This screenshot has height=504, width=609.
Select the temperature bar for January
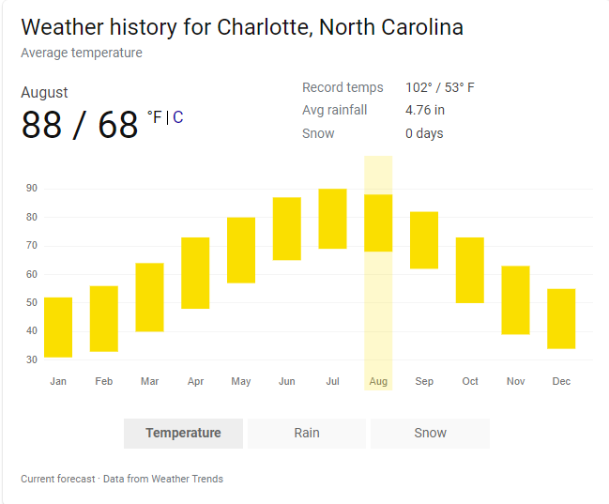coord(58,327)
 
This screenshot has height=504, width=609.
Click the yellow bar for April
coord(195,273)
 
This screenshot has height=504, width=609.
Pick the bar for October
coord(469,270)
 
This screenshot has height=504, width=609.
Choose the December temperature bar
coord(561,319)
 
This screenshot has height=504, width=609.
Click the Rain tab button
coord(307,433)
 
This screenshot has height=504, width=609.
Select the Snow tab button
coord(430,433)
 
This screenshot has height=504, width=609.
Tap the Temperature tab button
coord(183,433)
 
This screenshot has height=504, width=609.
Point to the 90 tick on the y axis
coord(32,189)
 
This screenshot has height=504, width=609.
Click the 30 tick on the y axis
coord(32,359)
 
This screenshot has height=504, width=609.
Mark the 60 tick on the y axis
coord(32,274)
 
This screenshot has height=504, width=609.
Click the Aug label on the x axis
coord(378,381)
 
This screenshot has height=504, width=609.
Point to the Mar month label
coord(149,381)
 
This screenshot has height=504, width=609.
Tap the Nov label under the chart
coord(515,381)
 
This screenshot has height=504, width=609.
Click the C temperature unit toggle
coord(177,117)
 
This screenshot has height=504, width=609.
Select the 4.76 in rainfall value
coord(425,111)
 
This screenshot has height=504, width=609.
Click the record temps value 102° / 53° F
coord(440,88)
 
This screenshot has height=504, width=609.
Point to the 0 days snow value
coord(424,133)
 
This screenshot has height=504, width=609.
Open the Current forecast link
coord(57,479)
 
